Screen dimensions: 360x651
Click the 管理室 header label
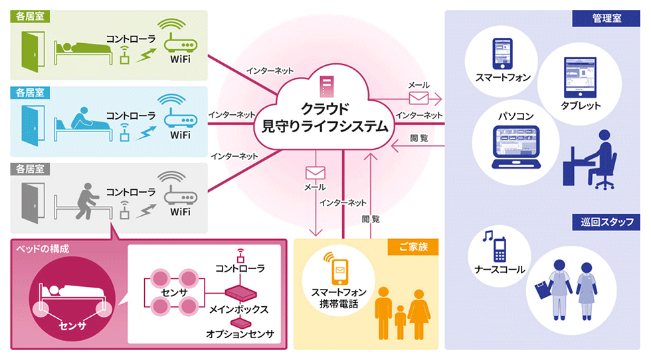point(606,19)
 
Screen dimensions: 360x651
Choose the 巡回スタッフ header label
point(606,222)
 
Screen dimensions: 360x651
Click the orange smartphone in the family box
point(339,268)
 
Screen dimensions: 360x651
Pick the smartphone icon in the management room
point(502,54)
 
